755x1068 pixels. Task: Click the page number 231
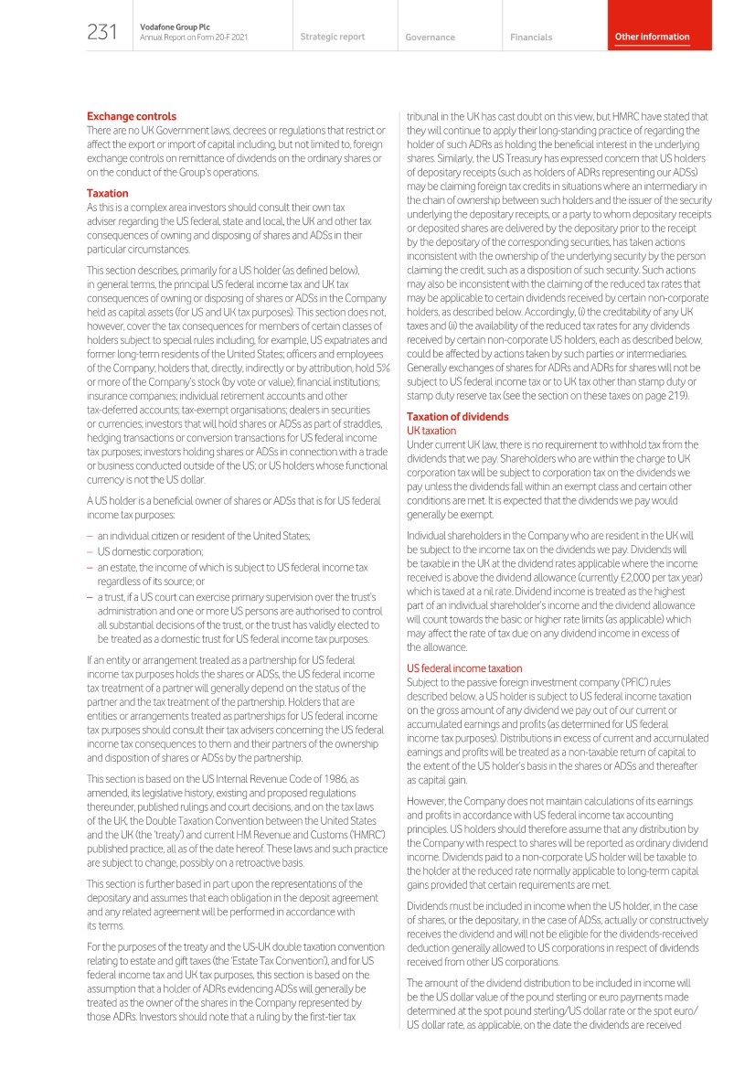click(x=101, y=34)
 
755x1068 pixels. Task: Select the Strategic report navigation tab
click(x=332, y=37)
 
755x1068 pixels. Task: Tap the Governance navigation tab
click(x=430, y=37)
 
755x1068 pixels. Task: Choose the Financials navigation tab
click(x=531, y=37)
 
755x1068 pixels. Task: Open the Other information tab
click(x=652, y=37)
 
